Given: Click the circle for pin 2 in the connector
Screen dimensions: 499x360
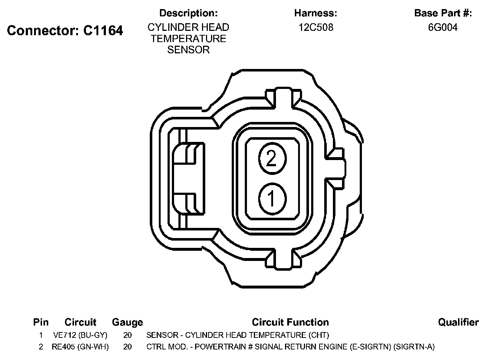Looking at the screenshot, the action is pyautogui.click(x=272, y=159).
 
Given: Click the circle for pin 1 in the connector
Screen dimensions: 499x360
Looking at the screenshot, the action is pyautogui.click(x=272, y=199).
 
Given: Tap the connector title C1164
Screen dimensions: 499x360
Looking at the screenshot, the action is pyautogui.click(x=103, y=30).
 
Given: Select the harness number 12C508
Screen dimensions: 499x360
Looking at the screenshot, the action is pyautogui.click(x=316, y=28).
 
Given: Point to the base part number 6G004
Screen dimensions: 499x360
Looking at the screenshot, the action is pyautogui.click(x=443, y=28).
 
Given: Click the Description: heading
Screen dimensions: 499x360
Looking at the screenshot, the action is pyautogui.click(x=189, y=13).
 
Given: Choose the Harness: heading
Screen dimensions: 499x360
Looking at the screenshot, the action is pyautogui.click(x=316, y=13).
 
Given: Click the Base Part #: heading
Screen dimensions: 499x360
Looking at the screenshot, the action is pyautogui.click(x=443, y=13).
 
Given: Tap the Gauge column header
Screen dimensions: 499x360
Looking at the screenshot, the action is pyautogui.click(x=127, y=322).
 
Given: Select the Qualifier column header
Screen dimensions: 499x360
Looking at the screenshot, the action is pyautogui.click(x=458, y=322).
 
